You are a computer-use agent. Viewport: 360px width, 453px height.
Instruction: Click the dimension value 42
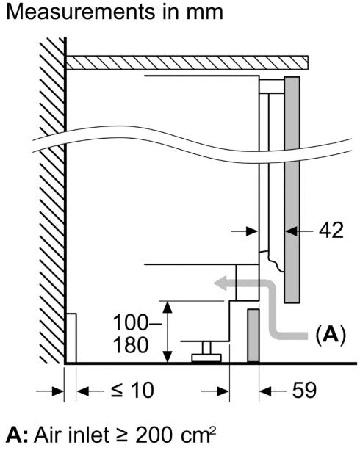tap(331, 231)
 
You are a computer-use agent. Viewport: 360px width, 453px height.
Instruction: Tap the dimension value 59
tap(304, 391)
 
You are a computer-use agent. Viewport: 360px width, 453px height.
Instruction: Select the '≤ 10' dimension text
tap(132, 391)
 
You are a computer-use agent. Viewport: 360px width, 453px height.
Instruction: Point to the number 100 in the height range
tap(131, 322)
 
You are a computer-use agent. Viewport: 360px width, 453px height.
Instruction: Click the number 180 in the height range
tap(131, 345)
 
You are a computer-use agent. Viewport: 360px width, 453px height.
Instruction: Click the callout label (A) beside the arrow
tap(331, 335)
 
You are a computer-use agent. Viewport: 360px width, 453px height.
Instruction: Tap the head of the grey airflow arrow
tap(220, 283)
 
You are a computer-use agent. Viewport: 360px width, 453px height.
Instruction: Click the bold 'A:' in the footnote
tap(17, 435)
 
